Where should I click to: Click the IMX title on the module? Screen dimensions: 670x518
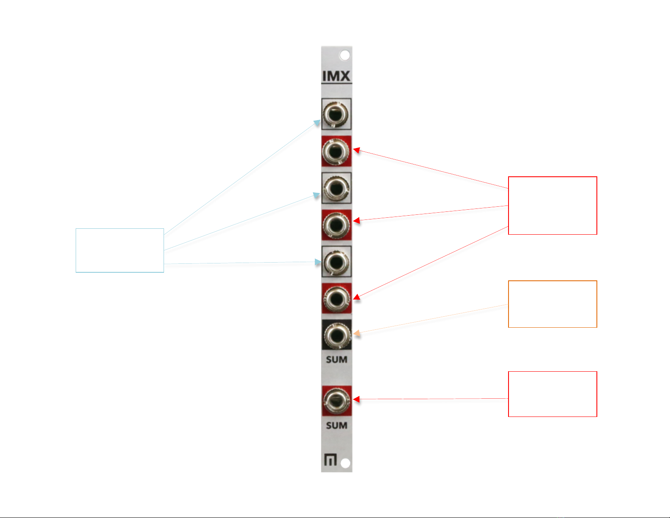(336, 76)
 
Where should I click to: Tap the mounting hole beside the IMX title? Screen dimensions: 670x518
(345, 55)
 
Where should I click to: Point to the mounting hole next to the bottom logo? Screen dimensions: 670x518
(345, 463)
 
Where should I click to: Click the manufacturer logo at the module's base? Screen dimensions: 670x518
(330, 460)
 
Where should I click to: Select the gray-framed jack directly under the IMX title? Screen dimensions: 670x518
(336, 114)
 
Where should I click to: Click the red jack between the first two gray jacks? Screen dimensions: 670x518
(336, 151)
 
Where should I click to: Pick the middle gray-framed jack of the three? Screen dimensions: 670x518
(336, 188)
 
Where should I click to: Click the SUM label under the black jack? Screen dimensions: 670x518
(336, 360)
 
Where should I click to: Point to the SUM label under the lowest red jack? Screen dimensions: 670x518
(336, 425)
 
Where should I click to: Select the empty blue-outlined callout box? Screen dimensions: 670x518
(120, 250)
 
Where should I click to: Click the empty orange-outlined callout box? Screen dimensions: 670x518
(552, 304)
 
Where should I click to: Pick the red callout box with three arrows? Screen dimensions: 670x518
(552, 206)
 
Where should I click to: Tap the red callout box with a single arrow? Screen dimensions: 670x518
(552, 394)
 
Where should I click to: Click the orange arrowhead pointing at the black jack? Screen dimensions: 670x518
(357, 334)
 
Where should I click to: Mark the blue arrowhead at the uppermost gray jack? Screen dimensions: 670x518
(317, 123)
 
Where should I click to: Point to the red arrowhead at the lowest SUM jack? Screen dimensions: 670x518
(356, 399)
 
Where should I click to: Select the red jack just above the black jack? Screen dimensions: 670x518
(336, 299)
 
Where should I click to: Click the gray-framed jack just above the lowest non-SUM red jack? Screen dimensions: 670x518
(336, 262)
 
